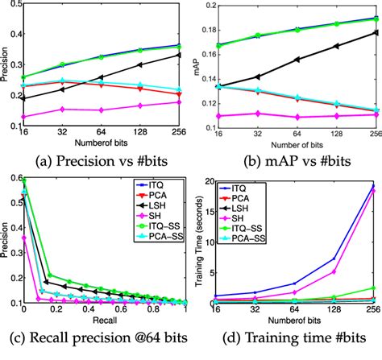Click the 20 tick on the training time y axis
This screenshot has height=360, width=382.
pyautogui.click(x=208, y=183)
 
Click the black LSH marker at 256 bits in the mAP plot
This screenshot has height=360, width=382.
pyautogui.click(x=375, y=32)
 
